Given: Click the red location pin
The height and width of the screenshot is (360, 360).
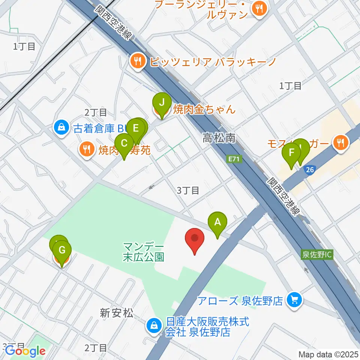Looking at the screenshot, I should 195,240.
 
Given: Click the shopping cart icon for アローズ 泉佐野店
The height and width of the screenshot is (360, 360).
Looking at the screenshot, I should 294,300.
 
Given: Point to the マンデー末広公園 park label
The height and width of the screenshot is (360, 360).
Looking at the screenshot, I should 144,252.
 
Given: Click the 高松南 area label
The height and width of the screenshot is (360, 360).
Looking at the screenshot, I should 219,138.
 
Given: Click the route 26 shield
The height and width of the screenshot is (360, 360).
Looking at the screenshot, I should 309,170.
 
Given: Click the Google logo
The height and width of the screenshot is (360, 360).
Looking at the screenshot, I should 25,351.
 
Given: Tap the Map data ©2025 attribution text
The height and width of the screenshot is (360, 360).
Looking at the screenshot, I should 328,354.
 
